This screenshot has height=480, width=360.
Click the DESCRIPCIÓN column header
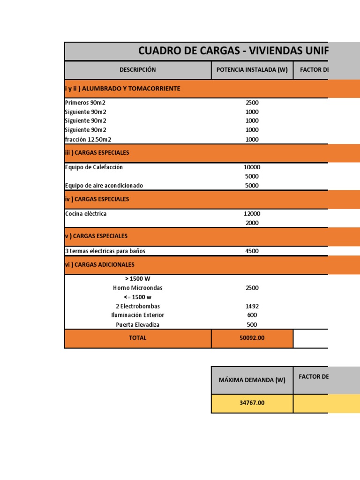point(137,70)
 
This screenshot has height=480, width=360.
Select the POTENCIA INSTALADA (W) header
point(252,70)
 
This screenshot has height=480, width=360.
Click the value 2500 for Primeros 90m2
point(252,103)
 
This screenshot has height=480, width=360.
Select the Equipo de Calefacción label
point(94,167)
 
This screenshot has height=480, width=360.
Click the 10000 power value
point(252,167)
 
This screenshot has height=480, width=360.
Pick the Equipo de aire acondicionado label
point(104,185)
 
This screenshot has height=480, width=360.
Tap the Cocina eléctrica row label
point(86,214)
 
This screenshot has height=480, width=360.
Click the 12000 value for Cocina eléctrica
point(252,214)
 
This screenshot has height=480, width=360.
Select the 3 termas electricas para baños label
point(105,251)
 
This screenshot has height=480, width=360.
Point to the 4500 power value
point(252,251)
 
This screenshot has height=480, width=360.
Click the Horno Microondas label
point(137,288)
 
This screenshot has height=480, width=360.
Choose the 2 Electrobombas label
point(137,306)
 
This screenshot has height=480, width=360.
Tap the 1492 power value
point(252,306)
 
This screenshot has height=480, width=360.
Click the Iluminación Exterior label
point(137,315)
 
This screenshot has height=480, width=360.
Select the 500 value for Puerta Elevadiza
point(252,324)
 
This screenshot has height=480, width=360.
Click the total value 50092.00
point(252,338)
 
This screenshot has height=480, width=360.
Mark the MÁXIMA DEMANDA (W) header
point(252,380)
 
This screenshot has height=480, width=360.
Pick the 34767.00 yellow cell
point(252,403)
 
